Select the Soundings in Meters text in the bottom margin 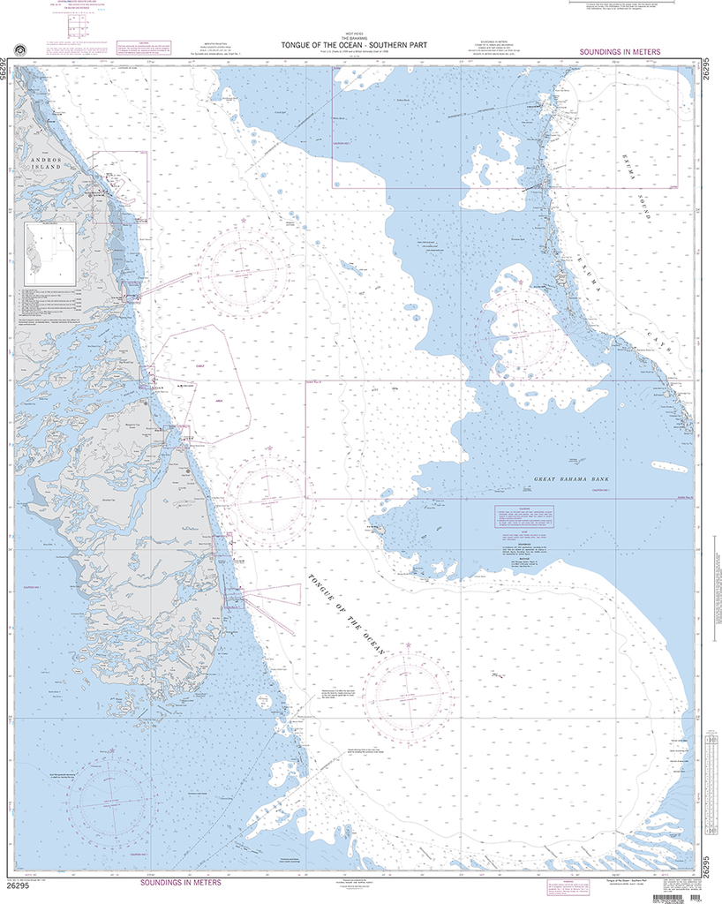point(182,882)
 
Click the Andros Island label point(43,163)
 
